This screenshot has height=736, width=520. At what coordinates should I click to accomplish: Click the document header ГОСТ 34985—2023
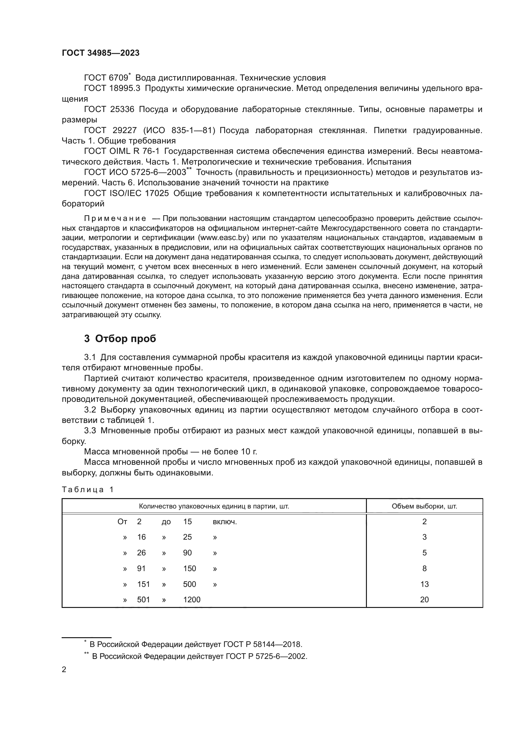point(101,53)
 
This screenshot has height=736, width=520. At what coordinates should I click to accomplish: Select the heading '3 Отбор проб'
point(120,339)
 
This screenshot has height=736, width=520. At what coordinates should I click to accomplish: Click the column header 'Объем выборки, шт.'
point(424,506)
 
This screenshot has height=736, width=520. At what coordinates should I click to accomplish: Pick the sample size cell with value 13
point(424,584)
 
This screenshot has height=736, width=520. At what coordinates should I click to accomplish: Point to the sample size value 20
point(424,600)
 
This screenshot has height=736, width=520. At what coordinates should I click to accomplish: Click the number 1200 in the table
point(192,600)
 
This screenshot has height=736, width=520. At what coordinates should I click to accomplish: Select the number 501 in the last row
point(143,600)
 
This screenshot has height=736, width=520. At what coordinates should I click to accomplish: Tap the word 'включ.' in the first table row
point(225,522)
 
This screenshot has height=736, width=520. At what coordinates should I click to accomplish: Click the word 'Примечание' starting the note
point(115,219)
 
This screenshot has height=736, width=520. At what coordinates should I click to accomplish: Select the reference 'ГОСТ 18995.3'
point(112,88)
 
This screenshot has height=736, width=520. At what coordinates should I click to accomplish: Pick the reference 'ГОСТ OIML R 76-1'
point(122,151)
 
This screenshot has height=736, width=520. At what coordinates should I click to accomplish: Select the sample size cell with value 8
point(424,569)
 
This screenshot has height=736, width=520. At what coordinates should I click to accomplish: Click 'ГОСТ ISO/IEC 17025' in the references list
point(126,193)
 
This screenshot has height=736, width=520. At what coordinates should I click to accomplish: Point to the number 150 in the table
point(189,569)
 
